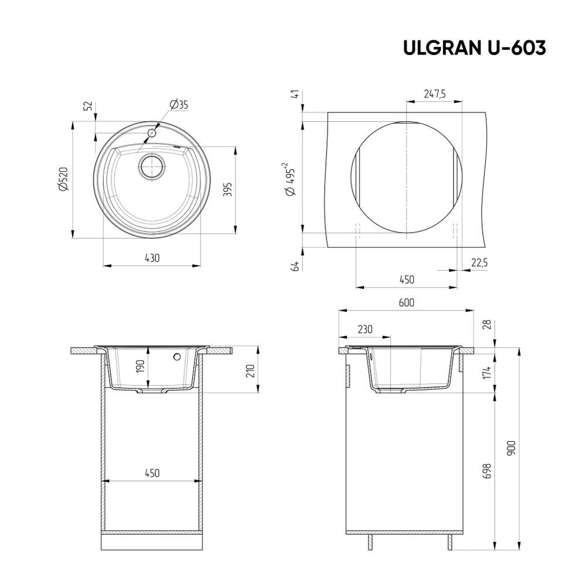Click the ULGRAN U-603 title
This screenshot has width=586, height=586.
coord(474,49)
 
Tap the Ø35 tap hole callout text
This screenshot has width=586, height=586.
coord(179,105)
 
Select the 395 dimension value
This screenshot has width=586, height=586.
coord(229,189)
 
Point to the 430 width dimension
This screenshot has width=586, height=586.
coord(152,258)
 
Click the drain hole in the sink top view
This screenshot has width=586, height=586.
coord(151,166)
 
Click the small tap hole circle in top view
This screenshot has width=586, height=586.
coord(152,133)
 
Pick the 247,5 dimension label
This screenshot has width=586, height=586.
coord(434,94)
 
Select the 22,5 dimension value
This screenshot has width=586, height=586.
coord(479,264)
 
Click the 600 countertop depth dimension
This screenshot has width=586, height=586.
coord(406,303)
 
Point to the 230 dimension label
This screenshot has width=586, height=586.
coord(364,329)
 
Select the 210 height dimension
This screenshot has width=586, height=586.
coord(249,371)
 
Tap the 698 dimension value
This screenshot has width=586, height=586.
coord(488,471)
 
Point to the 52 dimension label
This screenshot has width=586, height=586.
coord(88,106)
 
